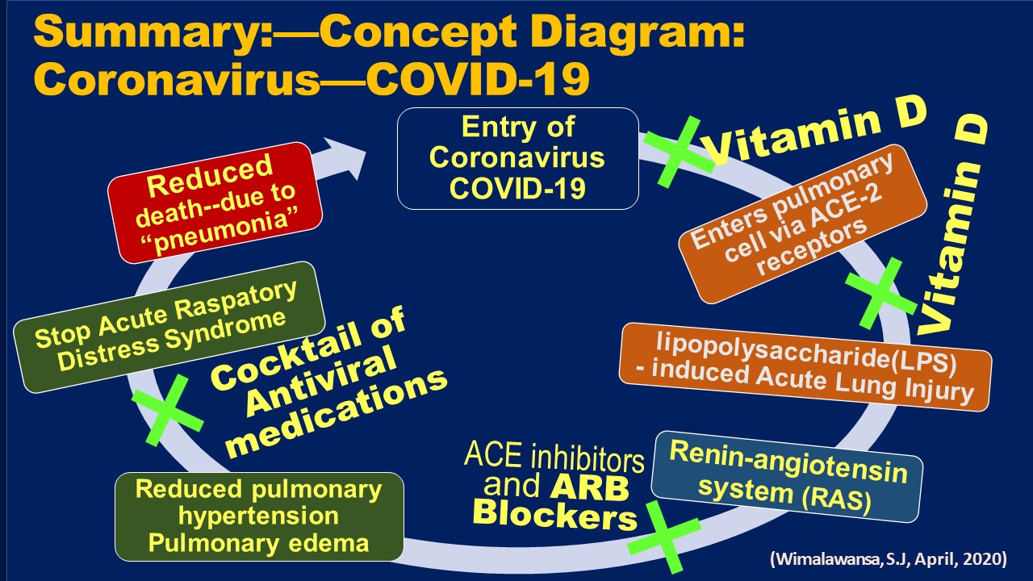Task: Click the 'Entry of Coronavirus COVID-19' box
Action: [x=517, y=158]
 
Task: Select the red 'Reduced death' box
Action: [x=215, y=202]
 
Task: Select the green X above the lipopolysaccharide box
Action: [x=880, y=293]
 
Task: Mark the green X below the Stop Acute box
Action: [x=169, y=409]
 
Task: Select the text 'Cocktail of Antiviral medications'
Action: [x=327, y=385]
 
